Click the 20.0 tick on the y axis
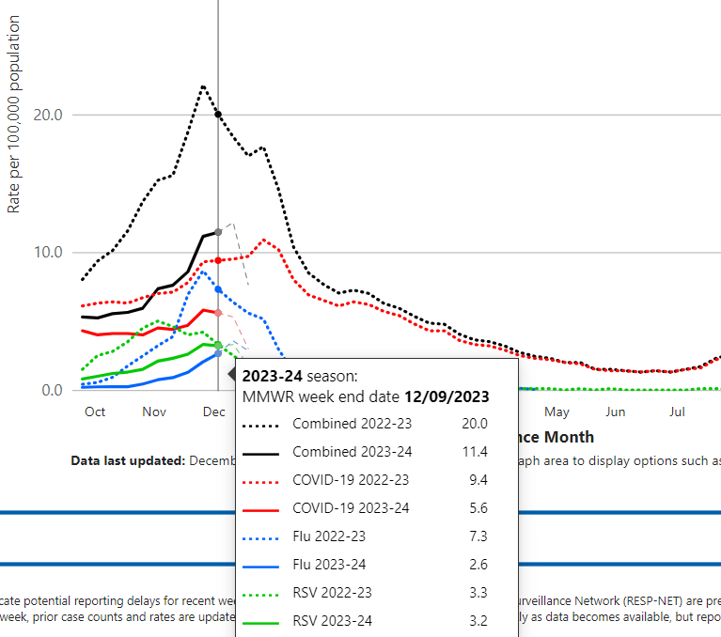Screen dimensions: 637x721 [46, 115]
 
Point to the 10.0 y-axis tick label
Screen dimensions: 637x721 [46, 253]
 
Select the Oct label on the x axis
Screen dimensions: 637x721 [95, 412]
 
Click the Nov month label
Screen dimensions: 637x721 [154, 412]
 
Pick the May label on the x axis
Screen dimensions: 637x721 [556, 412]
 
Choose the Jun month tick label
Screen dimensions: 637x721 [616, 412]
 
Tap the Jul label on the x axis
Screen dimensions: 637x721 [677, 412]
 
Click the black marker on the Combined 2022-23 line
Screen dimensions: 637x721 [218, 115]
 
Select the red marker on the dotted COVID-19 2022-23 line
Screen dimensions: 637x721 [218, 260]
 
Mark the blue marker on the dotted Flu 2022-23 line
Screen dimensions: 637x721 [218, 289]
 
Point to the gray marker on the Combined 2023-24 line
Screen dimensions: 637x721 [218, 232]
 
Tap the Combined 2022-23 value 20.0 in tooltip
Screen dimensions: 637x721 [474, 424]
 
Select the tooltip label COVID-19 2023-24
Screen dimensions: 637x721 [351, 508]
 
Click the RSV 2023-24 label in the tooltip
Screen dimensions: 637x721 [332, 621]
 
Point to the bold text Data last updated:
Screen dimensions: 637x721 [128, 461]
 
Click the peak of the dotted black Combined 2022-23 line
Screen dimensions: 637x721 [203, 86]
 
